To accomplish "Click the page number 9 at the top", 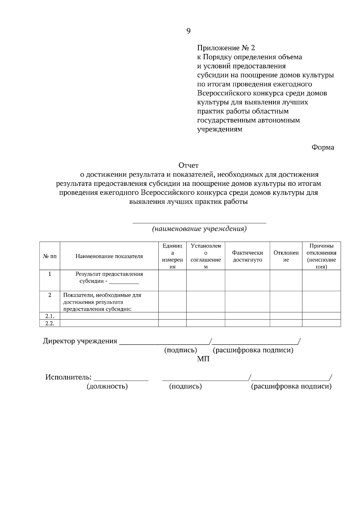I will (x=188, y=31).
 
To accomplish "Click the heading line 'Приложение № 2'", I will (x=226, y=48).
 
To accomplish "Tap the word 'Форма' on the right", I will (x=323, y=147).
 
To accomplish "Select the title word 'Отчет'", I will (x=188, y=165).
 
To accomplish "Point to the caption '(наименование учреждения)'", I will (x=199, y=229).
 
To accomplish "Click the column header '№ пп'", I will (x=50, y=256).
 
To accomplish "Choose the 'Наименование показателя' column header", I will (x=109, y=256).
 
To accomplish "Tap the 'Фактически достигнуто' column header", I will (x=247, y=256).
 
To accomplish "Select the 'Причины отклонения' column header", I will (x=321, y=256).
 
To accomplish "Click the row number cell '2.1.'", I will (x=50, y=316).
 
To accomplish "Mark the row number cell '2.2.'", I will (x=50, y=323).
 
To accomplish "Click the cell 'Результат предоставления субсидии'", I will (x=109, y=278).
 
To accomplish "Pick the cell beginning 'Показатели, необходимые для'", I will (x=102, y=302).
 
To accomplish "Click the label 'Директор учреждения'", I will (x=80, y=341).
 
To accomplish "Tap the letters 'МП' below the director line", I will (x=203, y=359).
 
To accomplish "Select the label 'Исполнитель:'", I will (x=68, y=377).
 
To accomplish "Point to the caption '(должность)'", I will (x=107, y=386).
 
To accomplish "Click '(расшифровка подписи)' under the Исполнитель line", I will (x=291, y=386).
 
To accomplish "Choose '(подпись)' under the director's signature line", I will (x=180, y=350).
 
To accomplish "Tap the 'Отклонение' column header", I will (x=286, y=256).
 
